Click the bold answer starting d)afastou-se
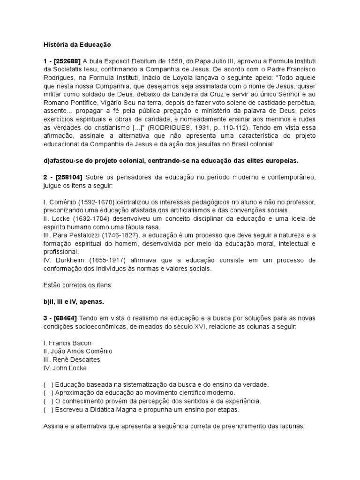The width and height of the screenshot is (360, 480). click(x=171, y=160)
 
